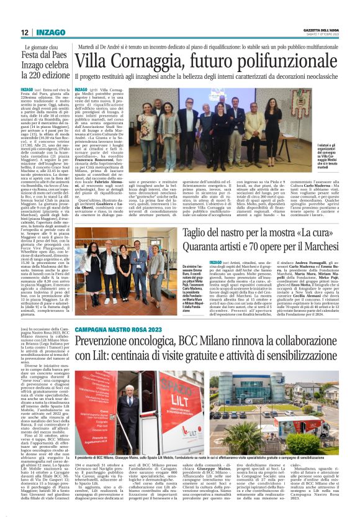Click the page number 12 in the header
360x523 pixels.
(24, 32)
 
